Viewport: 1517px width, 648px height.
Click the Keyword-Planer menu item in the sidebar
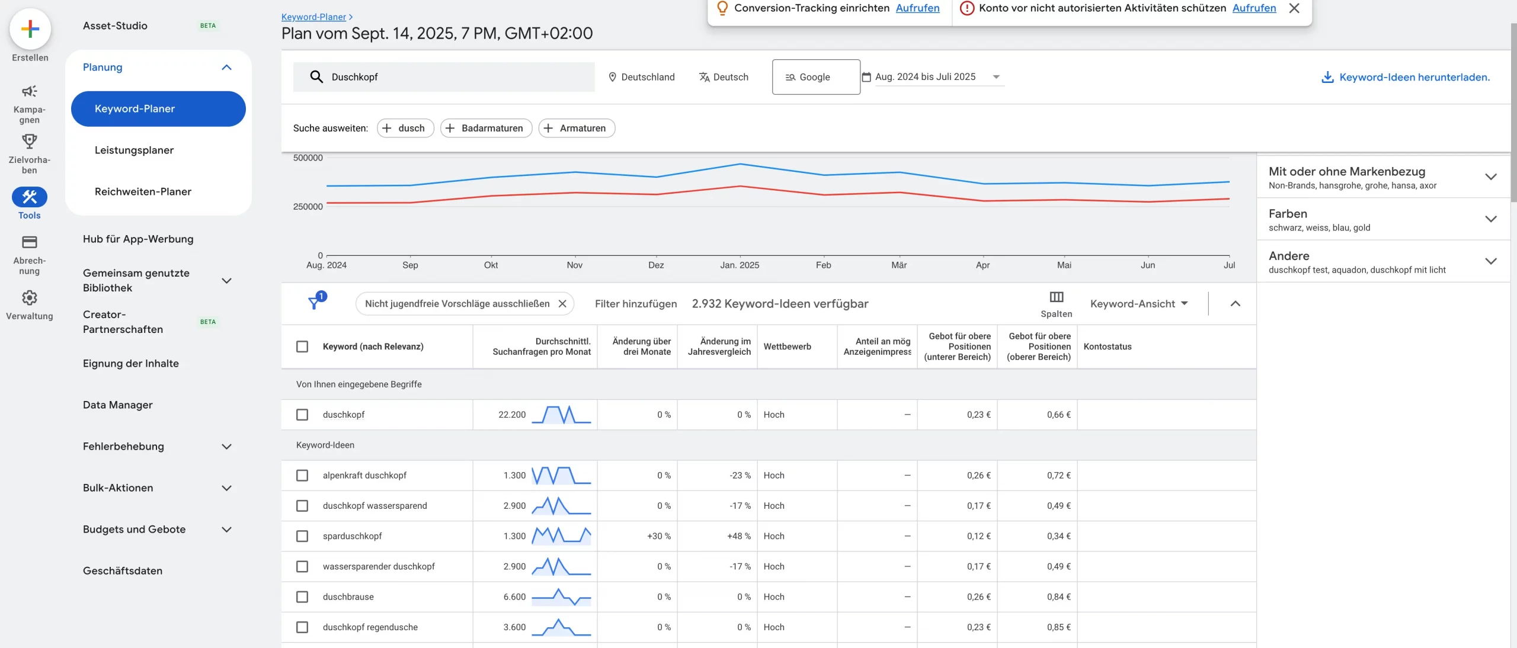pyautogui.click(x=158, y=109)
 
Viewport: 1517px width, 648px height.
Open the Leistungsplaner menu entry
pyautogui.click(x=134, y=150)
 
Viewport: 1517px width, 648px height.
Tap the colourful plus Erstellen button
pyautogui.click(x=30, y=28)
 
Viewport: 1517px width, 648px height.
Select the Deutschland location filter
pyautogui.click(x=642, y=77)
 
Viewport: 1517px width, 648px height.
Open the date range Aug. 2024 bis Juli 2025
pyautogui.click(x=933, y=77)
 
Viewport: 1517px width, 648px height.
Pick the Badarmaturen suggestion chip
pyautogui.click(x=486, y=128)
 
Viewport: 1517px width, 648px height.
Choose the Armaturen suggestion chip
pyautogui.click(x=577, y=128)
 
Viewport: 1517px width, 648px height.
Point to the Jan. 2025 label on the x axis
pyautogui.click(x=740, y=265)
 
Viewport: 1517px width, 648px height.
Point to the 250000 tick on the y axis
pyautogui.click(x=308, y=207)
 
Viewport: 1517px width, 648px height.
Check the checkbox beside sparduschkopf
pyautogui.click(x=302, y=536)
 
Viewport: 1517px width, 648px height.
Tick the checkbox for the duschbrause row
pyautogui.click(x=302, y=597)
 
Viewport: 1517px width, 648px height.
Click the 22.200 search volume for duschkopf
pyautogui.click(x=512, y=415)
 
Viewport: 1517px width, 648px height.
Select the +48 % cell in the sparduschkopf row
pyautogui.click(x=738, y=536)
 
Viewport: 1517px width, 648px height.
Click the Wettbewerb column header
pyautogui.click(x=787, y=347)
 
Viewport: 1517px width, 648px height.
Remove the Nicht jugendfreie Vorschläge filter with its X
pyautogui.click(x=562, y=304)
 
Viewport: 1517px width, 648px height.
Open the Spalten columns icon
pyautogui.click(x=1056, y=297)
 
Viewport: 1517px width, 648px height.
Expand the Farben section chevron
pyautogui.click(x=1491, y=219)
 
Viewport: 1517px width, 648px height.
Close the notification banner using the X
pyautogui.click(x=1294, y=8)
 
